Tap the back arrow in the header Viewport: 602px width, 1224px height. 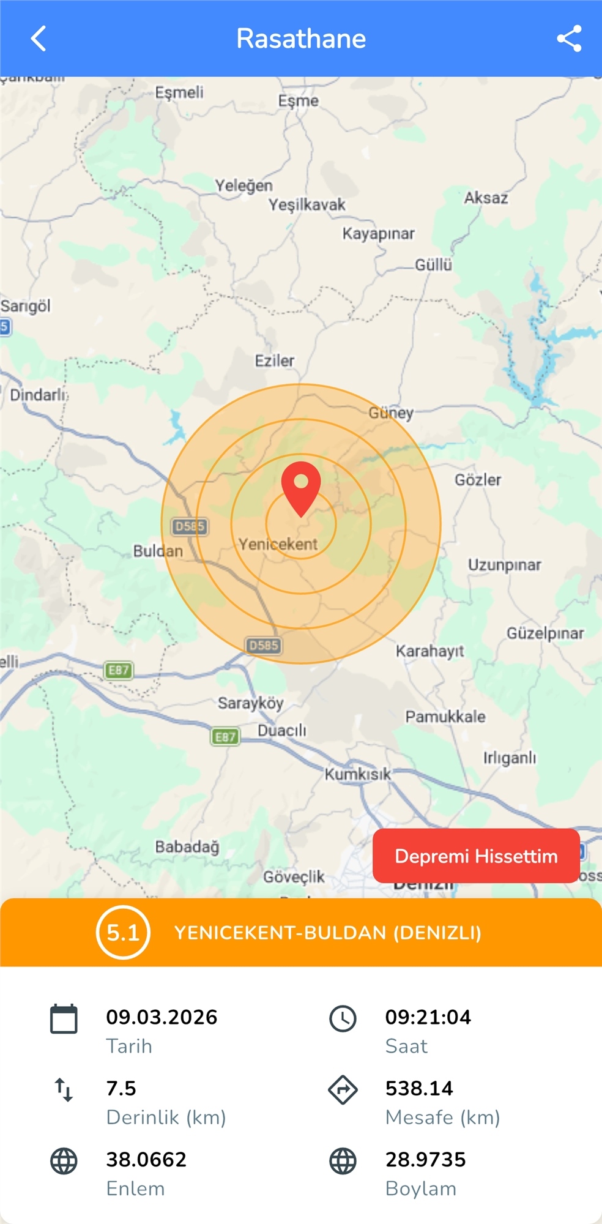39,39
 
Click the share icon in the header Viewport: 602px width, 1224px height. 569,39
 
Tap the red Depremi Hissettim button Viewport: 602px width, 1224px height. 476,856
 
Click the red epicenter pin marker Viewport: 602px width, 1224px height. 301,485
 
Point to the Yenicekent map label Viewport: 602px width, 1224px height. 278,544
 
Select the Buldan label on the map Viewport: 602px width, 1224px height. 158,551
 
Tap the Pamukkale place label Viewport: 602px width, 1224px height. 445,717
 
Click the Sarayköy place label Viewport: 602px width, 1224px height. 251,703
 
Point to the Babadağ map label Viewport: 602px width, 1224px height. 187,847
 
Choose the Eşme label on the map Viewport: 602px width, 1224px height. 299,101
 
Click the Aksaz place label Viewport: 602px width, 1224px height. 486,198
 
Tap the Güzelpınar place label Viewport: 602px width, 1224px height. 545,633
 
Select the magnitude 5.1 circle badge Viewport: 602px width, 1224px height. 123,932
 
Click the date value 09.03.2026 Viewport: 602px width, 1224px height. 162,1017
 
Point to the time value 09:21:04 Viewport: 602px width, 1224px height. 428,1017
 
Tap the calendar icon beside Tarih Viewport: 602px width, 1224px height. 64,1018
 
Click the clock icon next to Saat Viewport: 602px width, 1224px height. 343,1018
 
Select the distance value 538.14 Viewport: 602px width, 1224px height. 419,1088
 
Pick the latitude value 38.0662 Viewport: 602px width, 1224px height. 146,1159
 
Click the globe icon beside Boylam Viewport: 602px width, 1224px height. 343,1161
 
